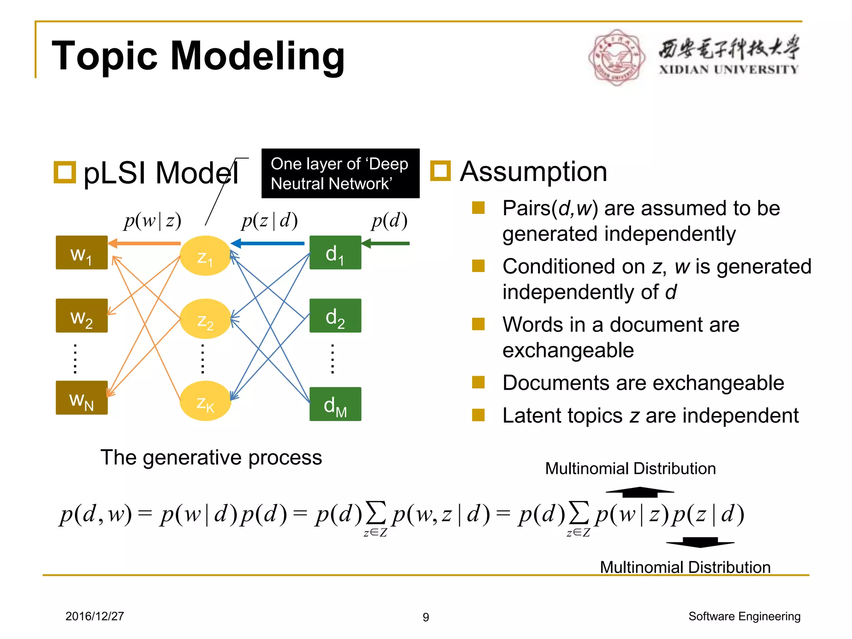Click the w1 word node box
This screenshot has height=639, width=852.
tap(82, 253)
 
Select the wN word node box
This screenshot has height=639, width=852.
tap(82, 398)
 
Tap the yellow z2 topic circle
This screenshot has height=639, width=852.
tap(205, 319)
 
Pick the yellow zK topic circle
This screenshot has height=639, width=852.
tap(205, 401)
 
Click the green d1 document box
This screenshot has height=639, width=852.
tap(335, 253)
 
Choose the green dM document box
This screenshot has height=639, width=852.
tap(335, 404)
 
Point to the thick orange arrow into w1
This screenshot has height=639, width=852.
tap(144, 243)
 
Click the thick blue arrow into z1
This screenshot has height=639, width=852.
tap(267, 243)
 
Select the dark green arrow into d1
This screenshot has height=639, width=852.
tap(386, 243)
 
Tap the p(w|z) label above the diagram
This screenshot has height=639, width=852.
tap(153, 220)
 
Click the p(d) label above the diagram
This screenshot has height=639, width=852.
tap(389, 220)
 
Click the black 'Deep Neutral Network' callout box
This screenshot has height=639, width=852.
tap(340, 173)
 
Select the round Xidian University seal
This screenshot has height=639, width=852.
tap(617, 57)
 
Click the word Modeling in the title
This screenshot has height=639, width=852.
tap(258, 56)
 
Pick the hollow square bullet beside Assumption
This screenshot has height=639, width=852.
tap(441, 171)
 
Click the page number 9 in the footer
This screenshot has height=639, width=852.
tap(426, 617)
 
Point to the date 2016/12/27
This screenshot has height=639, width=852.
tap(95, 616)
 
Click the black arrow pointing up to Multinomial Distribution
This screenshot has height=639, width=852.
tap(640, 492)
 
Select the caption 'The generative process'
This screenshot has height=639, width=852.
tap(211, 458)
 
